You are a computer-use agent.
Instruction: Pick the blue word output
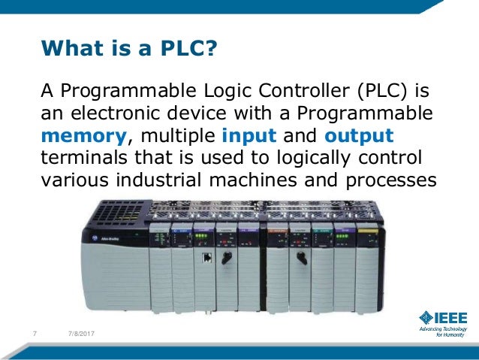(359, 137)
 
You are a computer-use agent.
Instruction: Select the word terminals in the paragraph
(81, 159)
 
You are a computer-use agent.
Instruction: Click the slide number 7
(35, 333)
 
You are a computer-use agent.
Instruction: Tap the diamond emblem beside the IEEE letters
(426, 316)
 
